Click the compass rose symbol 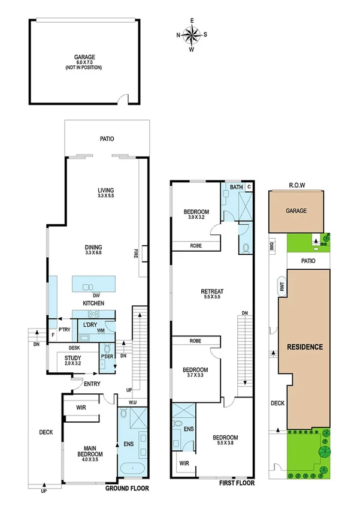tap(192, 35)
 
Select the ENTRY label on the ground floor tap(92, 384)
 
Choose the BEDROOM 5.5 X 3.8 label tap(226, 441)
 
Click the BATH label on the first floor tap(237, 188)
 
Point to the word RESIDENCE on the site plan tap(304, 347)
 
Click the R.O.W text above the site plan tap(297, 186)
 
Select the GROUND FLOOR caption tap(127, 489)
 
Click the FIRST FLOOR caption tap(237, 483)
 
